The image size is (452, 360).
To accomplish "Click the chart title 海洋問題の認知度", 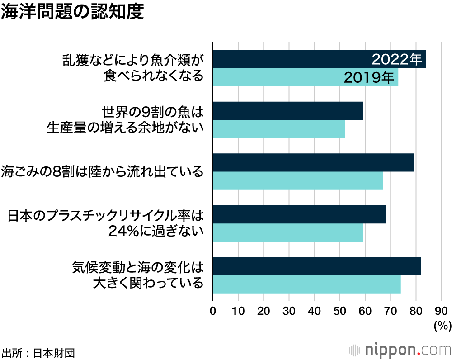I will click(72, 12).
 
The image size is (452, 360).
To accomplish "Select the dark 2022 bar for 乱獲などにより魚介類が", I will click(289, 59).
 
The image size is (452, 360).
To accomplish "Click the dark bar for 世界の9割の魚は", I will click(287, 111).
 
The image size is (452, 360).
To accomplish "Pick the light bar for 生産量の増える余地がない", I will click(278, 129).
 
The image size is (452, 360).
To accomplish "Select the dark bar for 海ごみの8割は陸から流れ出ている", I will click(313, 162).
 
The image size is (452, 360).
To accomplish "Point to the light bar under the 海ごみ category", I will click(297, 181).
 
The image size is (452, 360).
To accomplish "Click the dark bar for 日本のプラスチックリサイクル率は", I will click(299, 214).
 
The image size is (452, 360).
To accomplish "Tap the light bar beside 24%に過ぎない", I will click(287, 232).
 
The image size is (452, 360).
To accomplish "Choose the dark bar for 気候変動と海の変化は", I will click(316, 266).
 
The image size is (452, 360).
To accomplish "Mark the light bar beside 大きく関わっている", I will click(306, 284).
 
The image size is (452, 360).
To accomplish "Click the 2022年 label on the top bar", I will click(396, 59).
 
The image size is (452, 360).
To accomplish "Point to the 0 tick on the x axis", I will click(213, 311).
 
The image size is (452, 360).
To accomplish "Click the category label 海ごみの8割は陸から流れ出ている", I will click(102, 172).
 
